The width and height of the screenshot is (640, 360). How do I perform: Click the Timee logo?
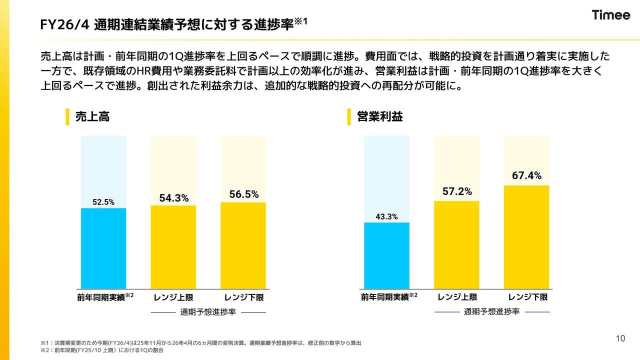pyautogui.click(x=611, y=15)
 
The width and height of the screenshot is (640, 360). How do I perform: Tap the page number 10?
pyautogui.click(x=620, y=339)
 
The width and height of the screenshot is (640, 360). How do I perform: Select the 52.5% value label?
pyautogui.click(x=103, y=202)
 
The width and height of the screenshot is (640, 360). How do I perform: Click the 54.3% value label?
pyautogui.click(x=173, y=198)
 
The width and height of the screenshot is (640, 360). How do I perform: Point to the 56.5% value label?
pyautogui.click(x=243, y=195)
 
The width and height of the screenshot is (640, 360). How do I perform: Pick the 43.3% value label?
pyautogui.click(x=386, y=216)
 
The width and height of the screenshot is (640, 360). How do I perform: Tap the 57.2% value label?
pyautogui.click(x=456, y=191)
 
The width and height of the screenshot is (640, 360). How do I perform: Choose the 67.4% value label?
pyautogui.click(x=526, y=175)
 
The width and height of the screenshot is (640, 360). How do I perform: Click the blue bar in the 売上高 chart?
pyautogui.click(x=103, y=248)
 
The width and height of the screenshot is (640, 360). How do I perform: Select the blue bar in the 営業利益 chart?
pyautogui.click(x=386, y=255)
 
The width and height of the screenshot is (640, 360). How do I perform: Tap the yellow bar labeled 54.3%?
pyautogui.click(x=173, y=246)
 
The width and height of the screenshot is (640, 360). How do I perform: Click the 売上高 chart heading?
pyautogui.click(x=92, y=117)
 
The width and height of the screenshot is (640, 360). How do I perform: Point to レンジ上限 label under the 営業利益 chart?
pyautogui.click(x=457, y=297)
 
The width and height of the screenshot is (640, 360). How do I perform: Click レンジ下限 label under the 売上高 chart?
pyautogui.click(x=244, y=297)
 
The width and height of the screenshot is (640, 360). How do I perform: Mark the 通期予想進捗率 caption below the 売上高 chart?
pyautogui.click(x=208, y=312)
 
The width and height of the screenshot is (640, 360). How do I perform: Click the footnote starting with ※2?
pyautogui.click(x=102, y=350)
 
